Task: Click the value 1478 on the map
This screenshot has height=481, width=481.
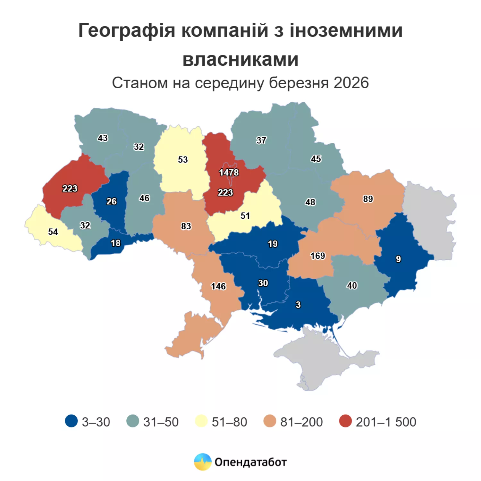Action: pyautogui.click(x=229, y=173)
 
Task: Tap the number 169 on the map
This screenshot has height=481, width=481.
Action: pyautogui.click(x=317, y=256)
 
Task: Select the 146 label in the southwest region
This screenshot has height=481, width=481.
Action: pyautogui.click(x=218, y=286)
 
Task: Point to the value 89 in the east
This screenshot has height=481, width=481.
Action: pyautogui.click(x=368, y=199)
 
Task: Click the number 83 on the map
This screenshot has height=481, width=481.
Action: pyautogui.click(x=186, y=226)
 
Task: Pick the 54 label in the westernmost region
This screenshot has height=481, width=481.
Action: pyautogui.click(x=53, y=232)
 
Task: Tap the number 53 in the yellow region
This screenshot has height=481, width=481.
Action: pyautogui.click(x=183, y=159)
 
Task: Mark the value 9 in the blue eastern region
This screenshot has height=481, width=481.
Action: pyautogui.click(x=398, y=259)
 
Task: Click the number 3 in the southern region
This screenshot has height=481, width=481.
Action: pyautogui.click(x=298, y=305)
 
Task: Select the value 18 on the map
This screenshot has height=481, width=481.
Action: pyautogui.click(x=115, y=243)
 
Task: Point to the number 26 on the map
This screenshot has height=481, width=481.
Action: pyautogui.click(x=111, y=201)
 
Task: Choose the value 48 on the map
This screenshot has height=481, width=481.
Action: pyautogui.click(x=310, y=202)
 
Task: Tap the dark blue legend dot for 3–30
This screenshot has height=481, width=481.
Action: pyautogui.click(x=71, y=421)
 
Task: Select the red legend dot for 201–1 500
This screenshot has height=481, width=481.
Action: pyautogui.click(x=345, y=421)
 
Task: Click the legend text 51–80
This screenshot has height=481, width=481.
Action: pyautogui.click(x=229, y=422)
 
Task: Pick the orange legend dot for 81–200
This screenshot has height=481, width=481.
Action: pyautogui.click(x=270, y=421)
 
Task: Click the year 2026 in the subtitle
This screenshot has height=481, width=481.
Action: pyautogui.click(x=351, y=83)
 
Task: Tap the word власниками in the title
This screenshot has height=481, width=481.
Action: pyautogui.click(x=240, y=59)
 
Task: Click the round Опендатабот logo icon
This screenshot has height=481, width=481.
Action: pyautogui.click(x=203, y=462)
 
